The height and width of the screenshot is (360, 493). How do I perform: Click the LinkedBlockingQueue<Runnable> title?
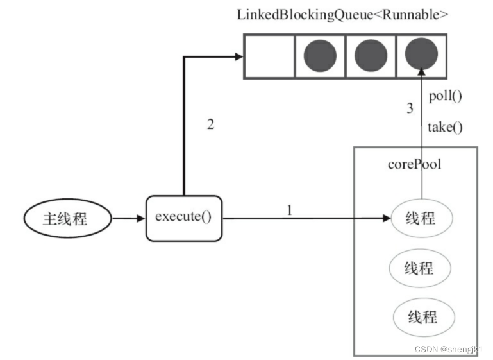pos(342,15)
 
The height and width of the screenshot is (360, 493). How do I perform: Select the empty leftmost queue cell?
pos(269,56)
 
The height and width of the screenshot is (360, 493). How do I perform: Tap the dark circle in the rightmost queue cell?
pos(421,54)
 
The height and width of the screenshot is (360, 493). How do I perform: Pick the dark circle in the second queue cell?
pos(320,56)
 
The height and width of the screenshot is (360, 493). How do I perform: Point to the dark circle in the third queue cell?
pos(371,55)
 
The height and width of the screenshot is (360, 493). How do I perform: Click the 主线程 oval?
pos(67,218)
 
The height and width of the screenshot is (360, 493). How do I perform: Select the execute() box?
pos(184,218)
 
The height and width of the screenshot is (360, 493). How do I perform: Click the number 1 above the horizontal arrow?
pos(290,210)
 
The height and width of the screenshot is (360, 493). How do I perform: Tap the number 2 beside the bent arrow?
pos(211,124)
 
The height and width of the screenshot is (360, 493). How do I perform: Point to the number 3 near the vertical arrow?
pos(410,108)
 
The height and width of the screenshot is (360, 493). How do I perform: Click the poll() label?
pos(445,96)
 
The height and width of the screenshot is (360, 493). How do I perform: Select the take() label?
pos(445,128)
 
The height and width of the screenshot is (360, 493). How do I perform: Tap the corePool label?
pos(414,164)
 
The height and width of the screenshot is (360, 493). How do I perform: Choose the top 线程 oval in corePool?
pos(422,218)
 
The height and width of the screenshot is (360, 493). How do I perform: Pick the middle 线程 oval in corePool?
pos(420,268)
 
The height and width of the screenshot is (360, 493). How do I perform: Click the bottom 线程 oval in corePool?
pos(424,317)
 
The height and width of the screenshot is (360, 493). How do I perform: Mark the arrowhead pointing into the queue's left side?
pos(239,56)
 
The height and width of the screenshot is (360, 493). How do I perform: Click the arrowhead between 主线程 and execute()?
pos(141,218)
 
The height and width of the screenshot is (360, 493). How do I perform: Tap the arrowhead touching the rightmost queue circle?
pos(422,71)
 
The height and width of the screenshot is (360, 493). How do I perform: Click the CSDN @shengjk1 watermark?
pos(449,349)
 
